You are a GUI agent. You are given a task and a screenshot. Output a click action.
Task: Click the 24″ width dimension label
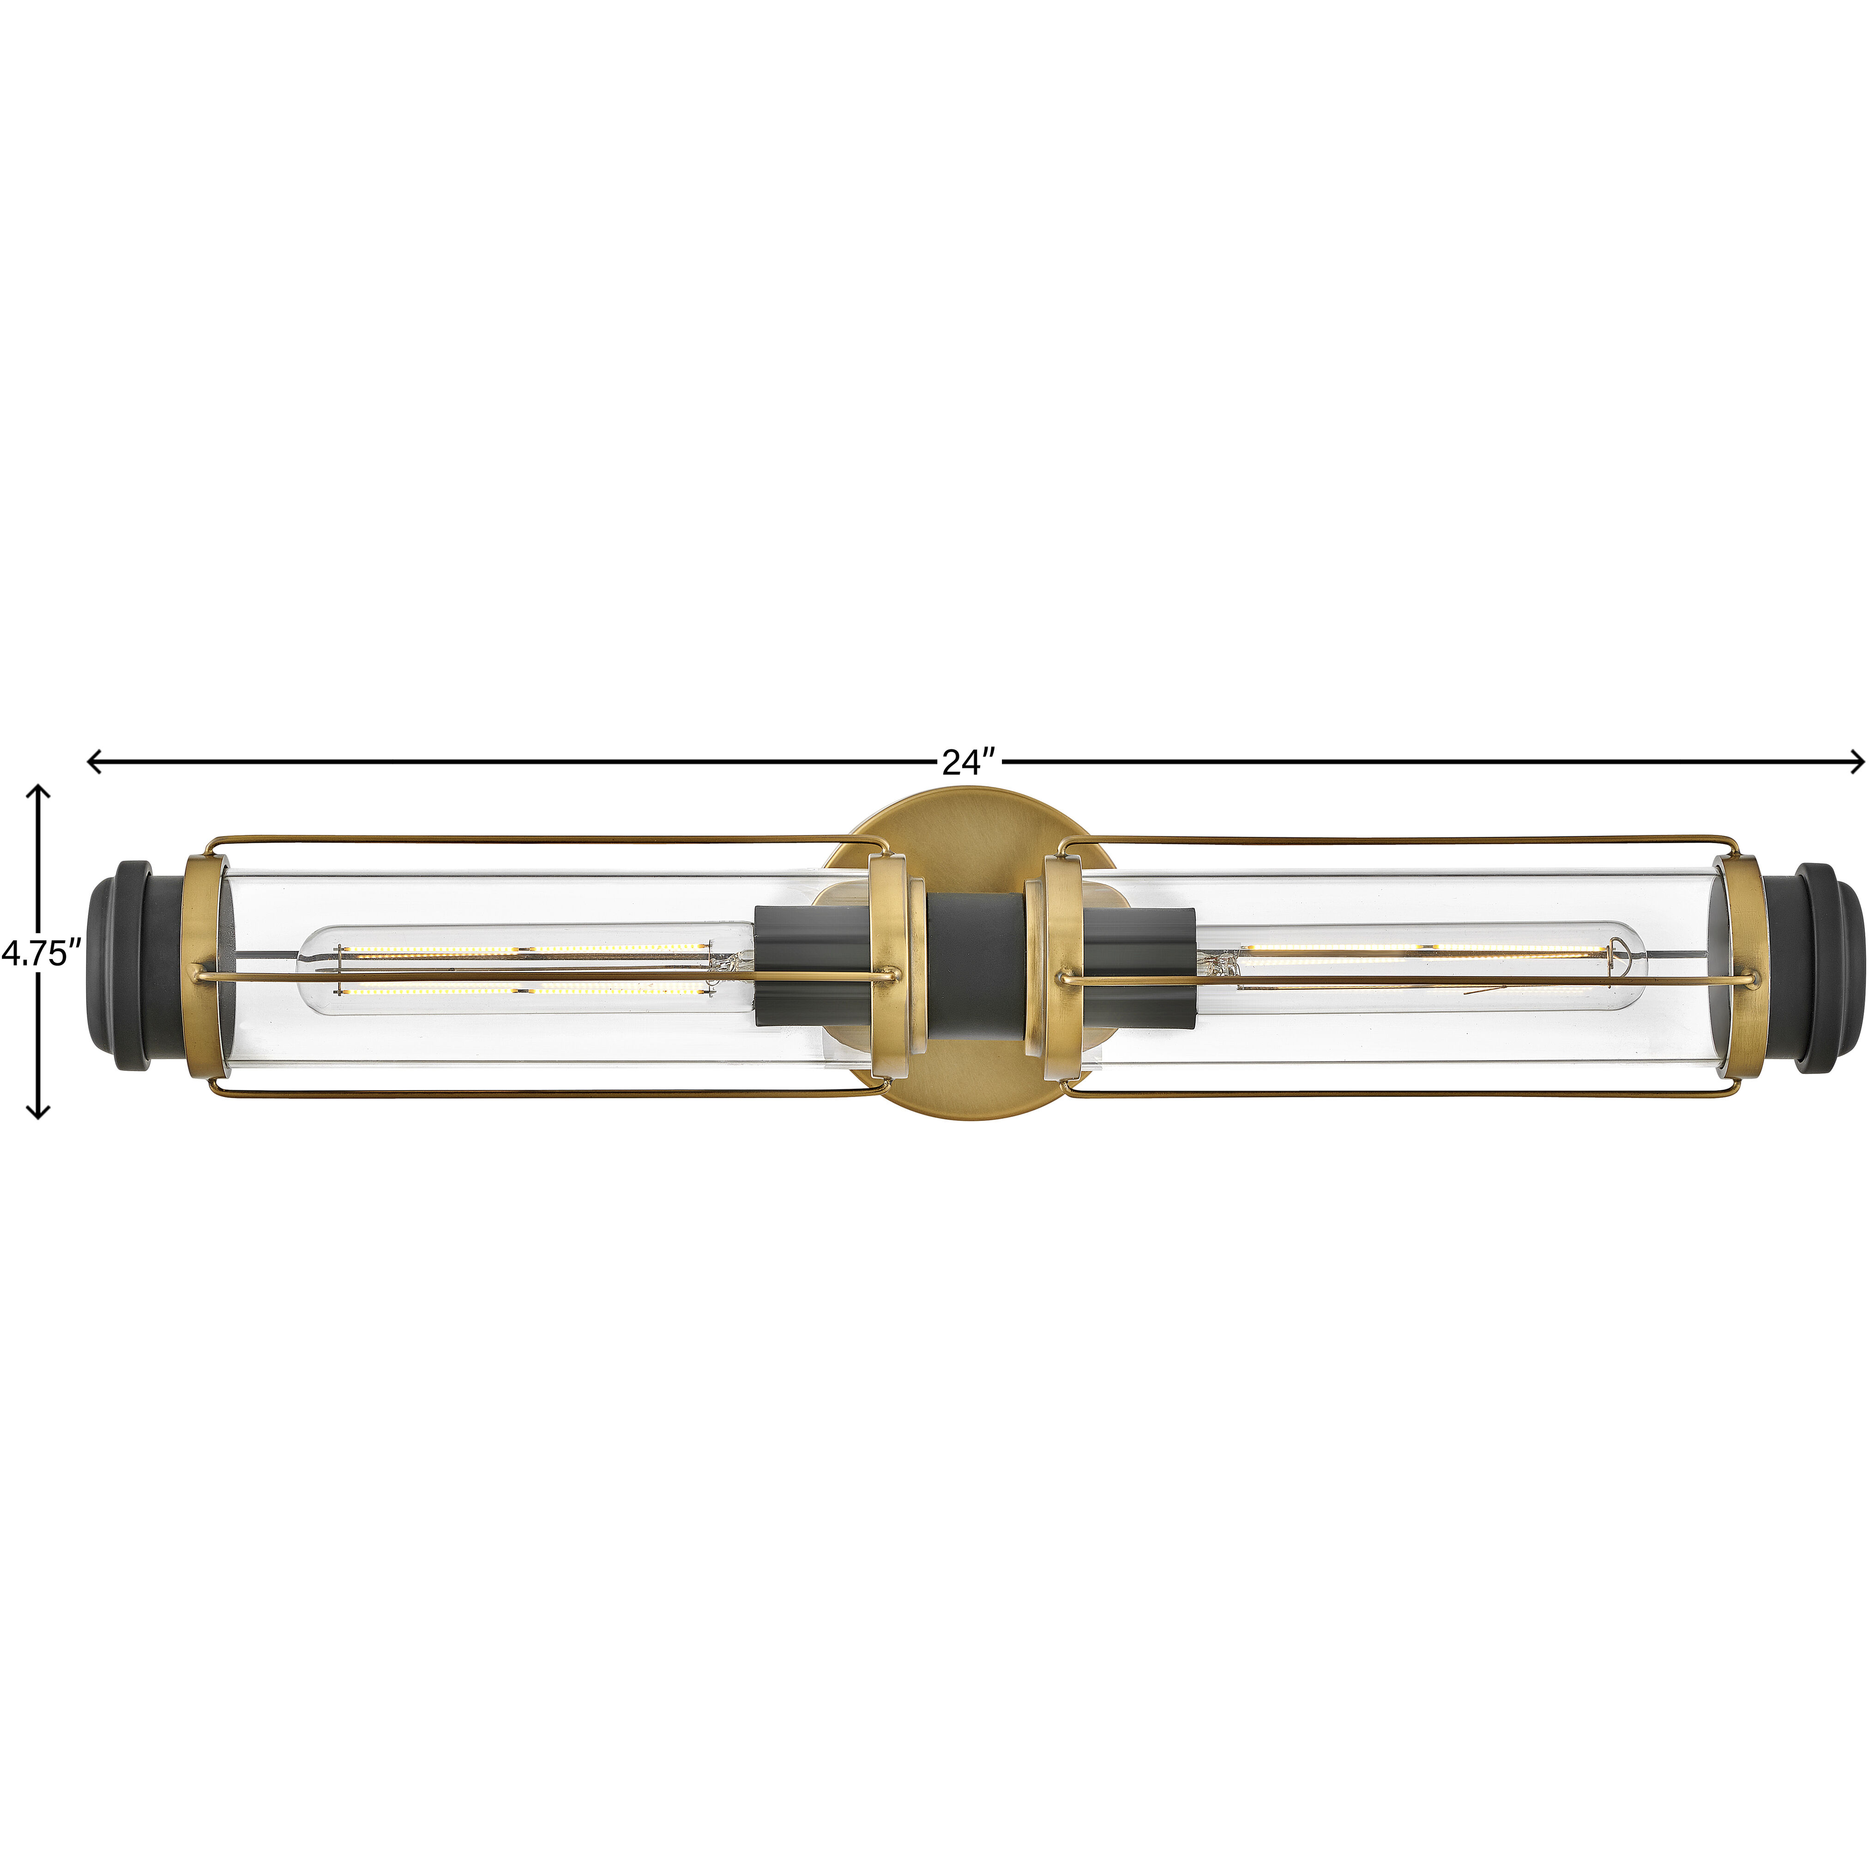(968, 763)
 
